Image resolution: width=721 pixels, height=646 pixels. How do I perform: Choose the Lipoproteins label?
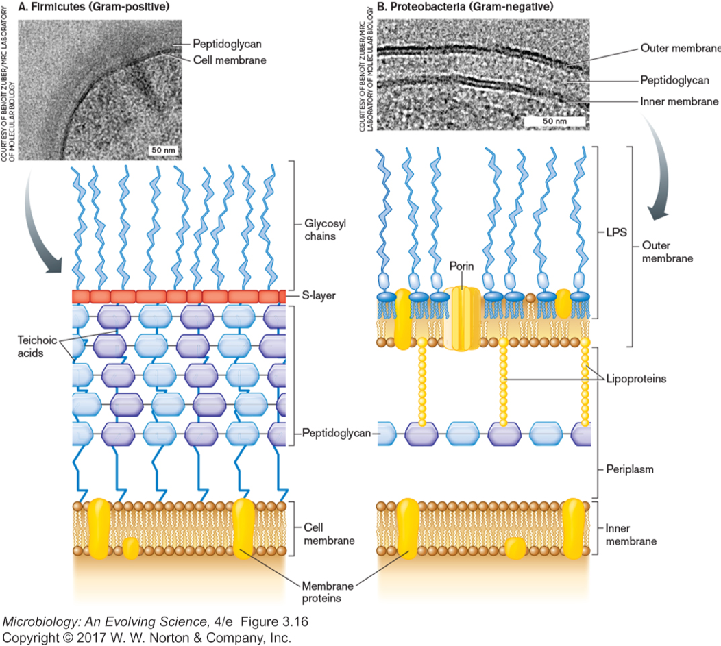click(x=637, y=378)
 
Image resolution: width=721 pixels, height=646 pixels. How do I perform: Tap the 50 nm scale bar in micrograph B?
click(x=555, y=121)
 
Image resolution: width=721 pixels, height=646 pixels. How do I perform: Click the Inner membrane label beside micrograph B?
click(x=679, y=101)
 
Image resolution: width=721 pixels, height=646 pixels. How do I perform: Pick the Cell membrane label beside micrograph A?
click(x=229, y=60)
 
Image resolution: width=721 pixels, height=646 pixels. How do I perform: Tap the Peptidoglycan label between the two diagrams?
click(x=337, y=433)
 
